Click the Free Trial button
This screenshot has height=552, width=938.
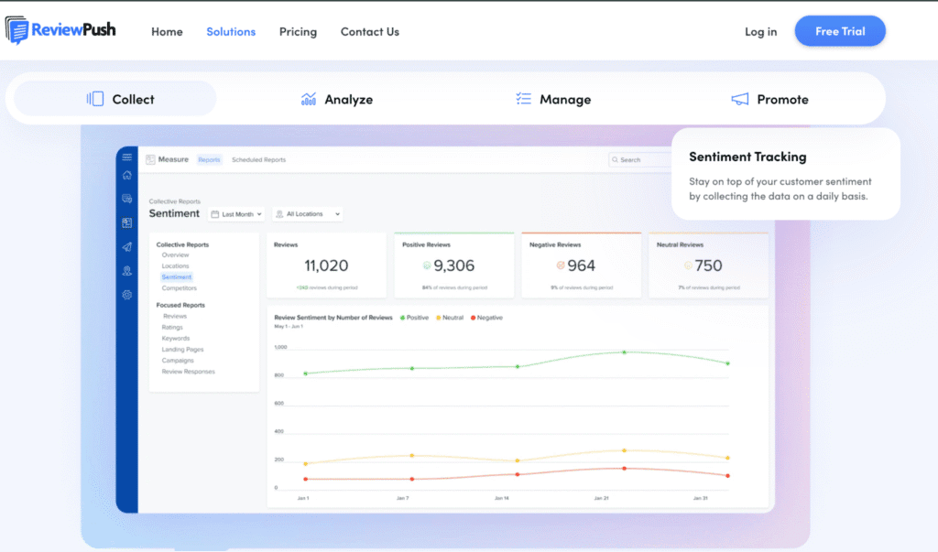(840, 31)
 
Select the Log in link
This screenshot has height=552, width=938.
(760, 31)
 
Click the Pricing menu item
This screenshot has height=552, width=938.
(298, 31)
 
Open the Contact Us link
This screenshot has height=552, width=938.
(370, 31)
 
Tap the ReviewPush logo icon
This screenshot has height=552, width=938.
(17, 30)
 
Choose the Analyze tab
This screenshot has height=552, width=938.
(337, 99)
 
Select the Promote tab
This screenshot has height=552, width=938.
(769, 99)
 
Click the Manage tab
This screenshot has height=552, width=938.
(553, 99)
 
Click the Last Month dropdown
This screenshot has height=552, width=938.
(236, 214)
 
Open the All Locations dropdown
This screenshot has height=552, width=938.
(308, 214)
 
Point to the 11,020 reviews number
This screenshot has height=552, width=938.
(326, 265)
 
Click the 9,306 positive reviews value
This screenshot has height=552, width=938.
(453, 265)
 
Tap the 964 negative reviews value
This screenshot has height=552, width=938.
(581, 265)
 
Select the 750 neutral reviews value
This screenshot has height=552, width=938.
(708, 265)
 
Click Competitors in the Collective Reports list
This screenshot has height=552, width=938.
(179, 287)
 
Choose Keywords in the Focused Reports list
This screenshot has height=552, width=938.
(176, 339)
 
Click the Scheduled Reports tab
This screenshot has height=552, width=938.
(258, 159)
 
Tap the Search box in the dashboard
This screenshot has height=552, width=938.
(641, 159)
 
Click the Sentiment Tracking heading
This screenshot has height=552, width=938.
(747, 157)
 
